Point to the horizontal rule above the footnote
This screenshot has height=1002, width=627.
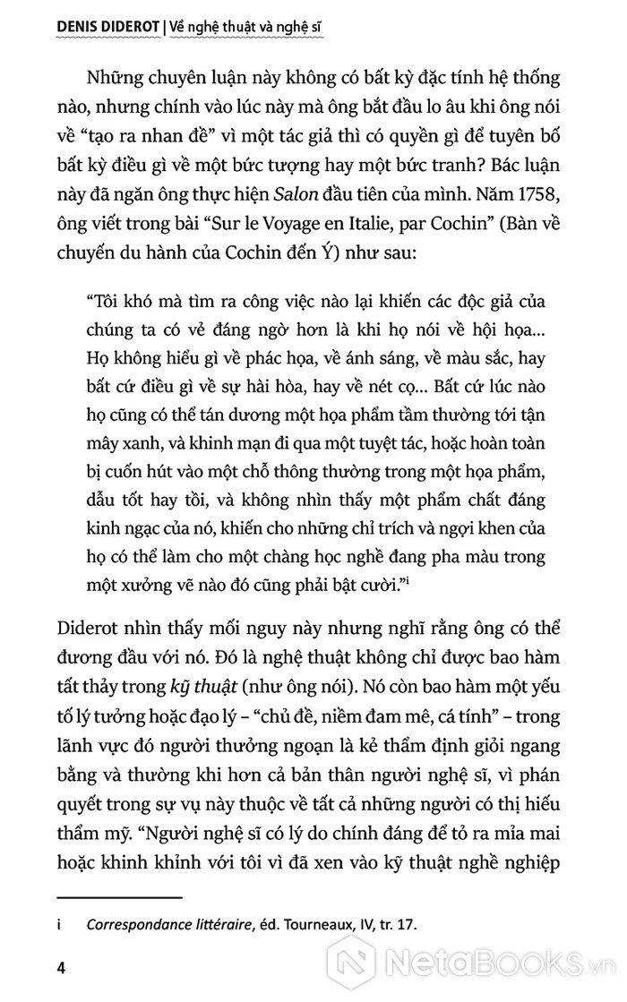tap(118, 895)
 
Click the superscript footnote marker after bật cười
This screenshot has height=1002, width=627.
tap(434, 583)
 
